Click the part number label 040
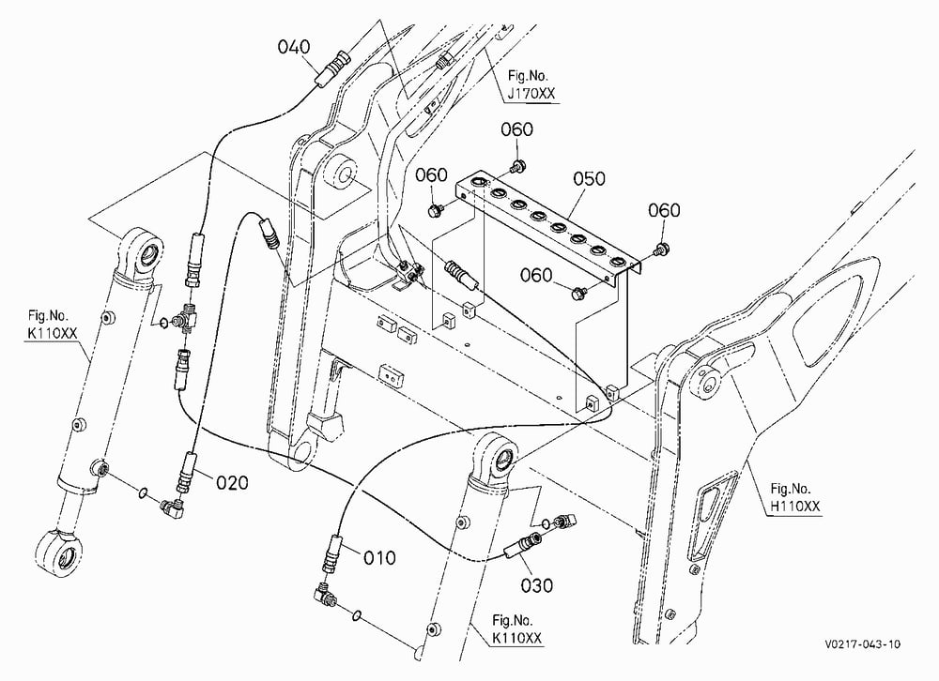click(293, 47)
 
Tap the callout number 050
click(590, 178)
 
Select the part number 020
click(232, 482)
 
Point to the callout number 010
click(379, 558)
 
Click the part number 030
click(536, 584)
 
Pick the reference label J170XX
click(531, 94)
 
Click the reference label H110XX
click(794, 507)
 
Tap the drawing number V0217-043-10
click(862, 643)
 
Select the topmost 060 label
click(516, 129)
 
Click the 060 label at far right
click(664, 210)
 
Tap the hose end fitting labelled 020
click(185, 470)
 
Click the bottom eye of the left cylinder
click(58, 552)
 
